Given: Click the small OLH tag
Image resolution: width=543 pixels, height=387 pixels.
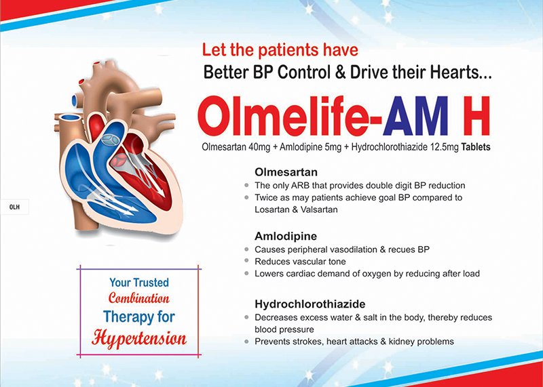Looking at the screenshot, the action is coord(14,207).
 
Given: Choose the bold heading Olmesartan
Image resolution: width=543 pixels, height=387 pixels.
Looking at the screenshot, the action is coord(286,172).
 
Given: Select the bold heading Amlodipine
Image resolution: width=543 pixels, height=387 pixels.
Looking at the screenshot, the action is coord(286,237).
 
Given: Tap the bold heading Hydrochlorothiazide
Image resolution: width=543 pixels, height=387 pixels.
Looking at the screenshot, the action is coord(310,304).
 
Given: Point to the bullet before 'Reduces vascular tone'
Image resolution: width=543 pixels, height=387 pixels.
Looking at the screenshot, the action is coord(246,261).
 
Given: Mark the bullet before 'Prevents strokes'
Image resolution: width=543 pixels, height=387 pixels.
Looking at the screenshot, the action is coord(246,342).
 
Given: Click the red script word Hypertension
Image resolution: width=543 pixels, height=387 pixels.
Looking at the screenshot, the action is coord(139,339).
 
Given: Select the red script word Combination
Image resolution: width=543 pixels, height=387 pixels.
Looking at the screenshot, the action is coord(139,298).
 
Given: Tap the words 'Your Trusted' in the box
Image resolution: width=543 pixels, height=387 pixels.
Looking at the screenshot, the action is coord(139,283).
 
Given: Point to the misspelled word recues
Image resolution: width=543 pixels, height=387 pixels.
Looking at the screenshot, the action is coord(400,249).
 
